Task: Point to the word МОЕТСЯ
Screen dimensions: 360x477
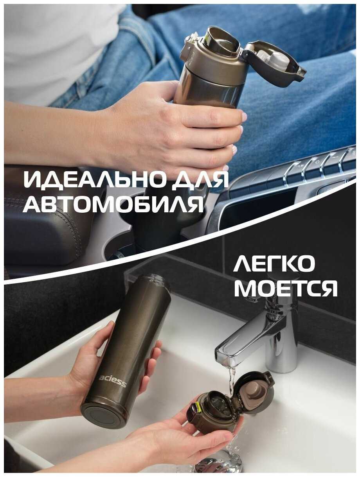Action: pyautogui.click(x=286, y=288)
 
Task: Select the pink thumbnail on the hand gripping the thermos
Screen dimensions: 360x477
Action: pyautogui.click(x=244, y=117)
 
